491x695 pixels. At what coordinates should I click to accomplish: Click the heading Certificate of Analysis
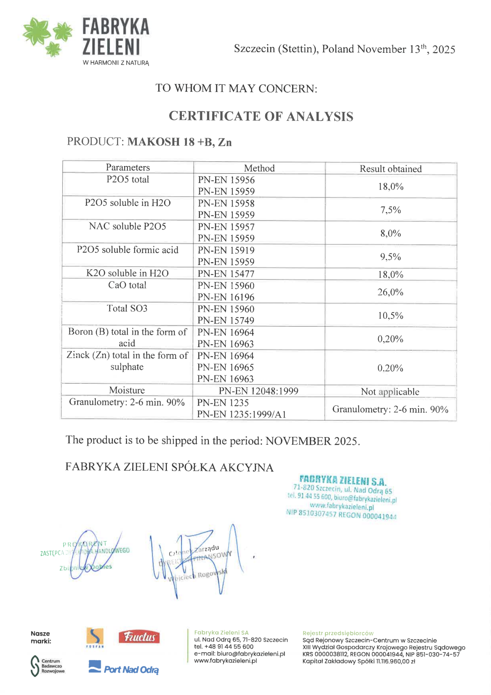pyautogui.click(x=261, y=116)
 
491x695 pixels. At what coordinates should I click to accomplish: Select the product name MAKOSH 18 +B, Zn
pyautogui.click(x=179, y=142)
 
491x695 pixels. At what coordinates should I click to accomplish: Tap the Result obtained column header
pyautogui.click(x=390, y=169)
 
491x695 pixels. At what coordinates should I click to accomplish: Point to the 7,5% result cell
pyautogui.click(x=390, y=210)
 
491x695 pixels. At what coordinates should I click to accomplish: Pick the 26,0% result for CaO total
pyautogui.click(x=390, y=292)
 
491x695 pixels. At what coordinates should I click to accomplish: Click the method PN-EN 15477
pyautogui.click(x=226, y=273)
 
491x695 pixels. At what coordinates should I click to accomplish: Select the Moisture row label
pyautogui.click(x=127, y=390)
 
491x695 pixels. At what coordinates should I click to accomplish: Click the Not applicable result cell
pyautogui.click(x=390, y=392)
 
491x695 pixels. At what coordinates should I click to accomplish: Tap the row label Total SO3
pyautogui.click(x=127, y=308)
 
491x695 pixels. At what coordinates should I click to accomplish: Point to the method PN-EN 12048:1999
pyautogui.click(x=258, y=391)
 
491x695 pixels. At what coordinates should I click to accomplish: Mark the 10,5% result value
pyautogui.click(x=390, y=315)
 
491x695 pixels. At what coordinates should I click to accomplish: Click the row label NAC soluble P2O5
pyautogui.click(x=127, y=226)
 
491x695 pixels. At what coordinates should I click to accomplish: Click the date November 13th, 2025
pyautogui.click(x=406, y=49)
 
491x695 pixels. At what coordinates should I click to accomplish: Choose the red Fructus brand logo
pyautogui.click(x=139, y=637)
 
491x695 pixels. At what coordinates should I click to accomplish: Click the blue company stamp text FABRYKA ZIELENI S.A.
pyautogui.click(x=343, y=480)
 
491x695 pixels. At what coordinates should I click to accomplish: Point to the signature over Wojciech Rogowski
pyautogui.click(x=198, y=560)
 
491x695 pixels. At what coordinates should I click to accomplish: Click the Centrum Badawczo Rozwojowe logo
pyautogui.click(x=48, y=666)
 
